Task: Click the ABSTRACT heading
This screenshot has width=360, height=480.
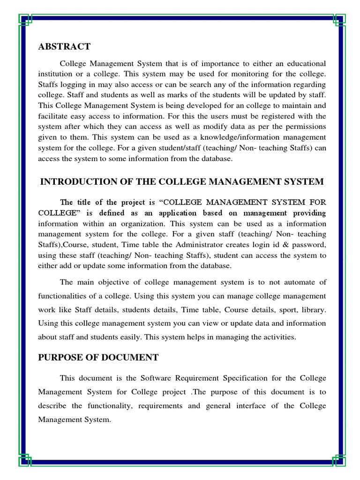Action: pyautogui.click(x=64, y=46)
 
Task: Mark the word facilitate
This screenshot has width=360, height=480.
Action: pyautogui.click(x=54, y=116)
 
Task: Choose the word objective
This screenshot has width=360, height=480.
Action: pyautogui.click(x=111, y=282)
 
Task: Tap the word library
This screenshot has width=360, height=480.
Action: pyautogui.click(x=313, y=310)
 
